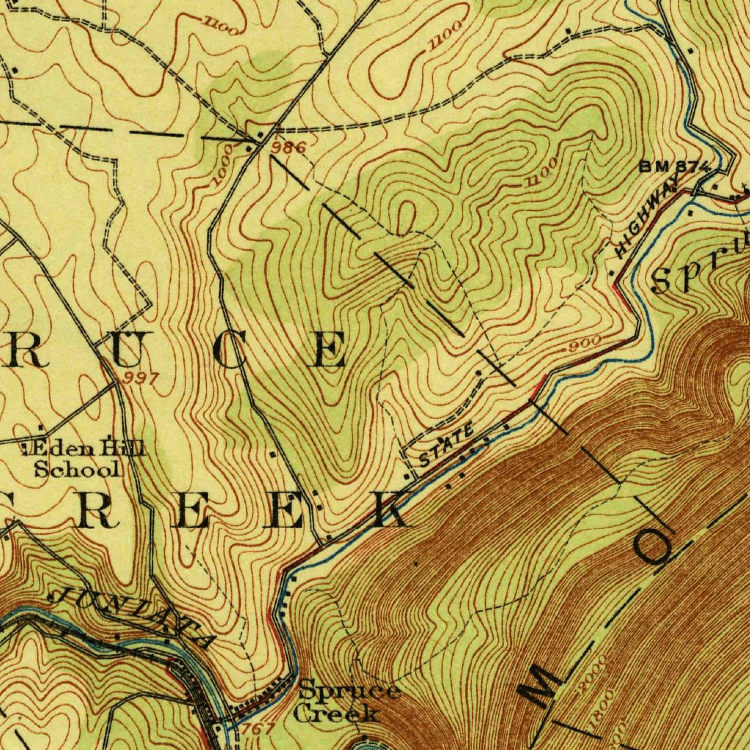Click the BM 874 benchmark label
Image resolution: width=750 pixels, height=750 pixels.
coord(674,166)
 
